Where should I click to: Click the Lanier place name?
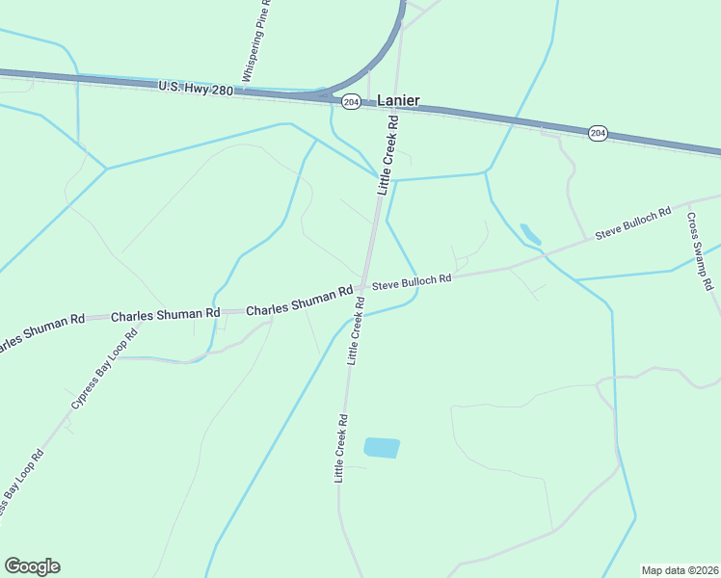click(398, 100)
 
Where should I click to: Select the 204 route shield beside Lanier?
click(351, 101)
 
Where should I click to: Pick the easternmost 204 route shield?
click(598, 133)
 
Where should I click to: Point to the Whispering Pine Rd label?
click(256, 41)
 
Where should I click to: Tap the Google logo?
click(32, 566)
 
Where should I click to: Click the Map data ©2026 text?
click(680, 569)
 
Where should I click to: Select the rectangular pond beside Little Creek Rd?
click(382, 448)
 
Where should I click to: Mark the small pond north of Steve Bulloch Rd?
click(530, 234)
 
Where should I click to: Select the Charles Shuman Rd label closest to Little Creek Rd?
click(299, 302)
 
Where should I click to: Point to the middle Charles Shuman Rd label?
click(166, 315)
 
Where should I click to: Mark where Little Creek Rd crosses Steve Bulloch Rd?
click(363, 287)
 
